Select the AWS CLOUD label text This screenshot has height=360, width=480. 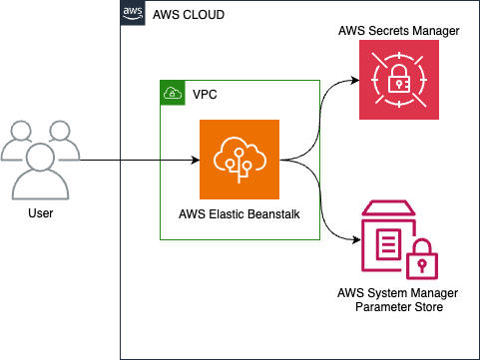coord(189,15)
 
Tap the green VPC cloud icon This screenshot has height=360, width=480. coord(173,93)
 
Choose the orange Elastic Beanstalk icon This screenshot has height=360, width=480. coord(240,160)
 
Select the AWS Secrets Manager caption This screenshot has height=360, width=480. coord(399,31)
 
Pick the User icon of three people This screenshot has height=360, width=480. coord(40,160)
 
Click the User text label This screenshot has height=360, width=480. coord(40,212)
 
